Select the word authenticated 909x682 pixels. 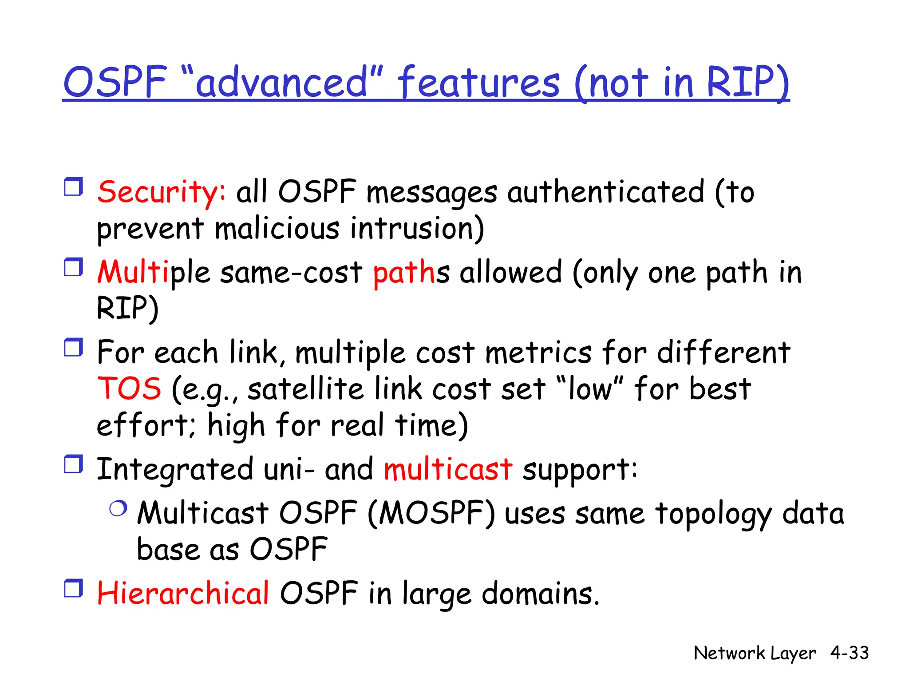coord(605,192)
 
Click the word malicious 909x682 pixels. coord(277,229)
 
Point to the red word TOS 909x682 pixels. coord(129,389)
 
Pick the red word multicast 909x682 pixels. coord(448,469)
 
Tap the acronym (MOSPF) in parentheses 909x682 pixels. coord(431,514)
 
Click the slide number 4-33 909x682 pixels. coord(850,653)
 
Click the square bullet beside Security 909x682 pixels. coord(73,187)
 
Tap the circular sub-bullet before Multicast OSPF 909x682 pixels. coord(118,508)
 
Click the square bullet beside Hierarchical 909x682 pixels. coord(73,588)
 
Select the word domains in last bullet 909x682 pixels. coord(540,594)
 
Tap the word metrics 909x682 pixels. coord(538,353)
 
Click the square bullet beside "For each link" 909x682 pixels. coord(73,348)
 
